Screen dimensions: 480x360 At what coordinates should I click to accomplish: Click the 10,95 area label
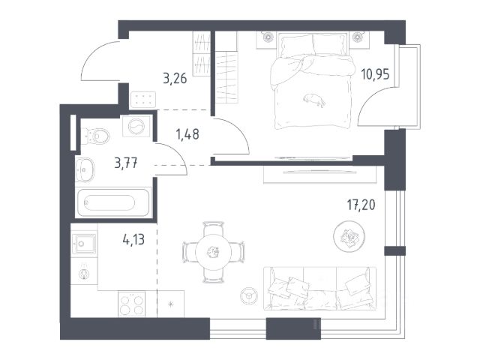375,74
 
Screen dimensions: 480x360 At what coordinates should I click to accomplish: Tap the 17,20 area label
361,205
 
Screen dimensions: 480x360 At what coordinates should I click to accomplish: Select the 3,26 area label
175,78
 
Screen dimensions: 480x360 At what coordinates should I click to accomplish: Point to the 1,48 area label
187,134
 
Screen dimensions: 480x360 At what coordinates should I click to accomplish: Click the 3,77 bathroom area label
126,163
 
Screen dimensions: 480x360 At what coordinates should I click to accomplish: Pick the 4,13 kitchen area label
133,239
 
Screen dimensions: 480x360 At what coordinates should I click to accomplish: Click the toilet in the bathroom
96,136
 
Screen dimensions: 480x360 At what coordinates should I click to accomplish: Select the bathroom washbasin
85,169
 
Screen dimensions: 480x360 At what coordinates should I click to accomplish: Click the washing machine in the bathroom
136,126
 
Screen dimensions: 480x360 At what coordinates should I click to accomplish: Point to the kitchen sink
83,244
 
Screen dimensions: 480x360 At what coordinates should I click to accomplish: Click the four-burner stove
132,303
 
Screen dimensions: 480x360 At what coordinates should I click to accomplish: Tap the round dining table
213,252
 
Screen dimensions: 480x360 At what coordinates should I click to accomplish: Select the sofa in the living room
320,288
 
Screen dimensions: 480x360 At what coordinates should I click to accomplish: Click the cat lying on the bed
314,100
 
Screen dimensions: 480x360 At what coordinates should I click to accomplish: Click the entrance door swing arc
91,55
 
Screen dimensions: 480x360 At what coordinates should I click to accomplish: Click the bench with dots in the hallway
143,100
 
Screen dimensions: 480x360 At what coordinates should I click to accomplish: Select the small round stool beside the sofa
249,296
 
